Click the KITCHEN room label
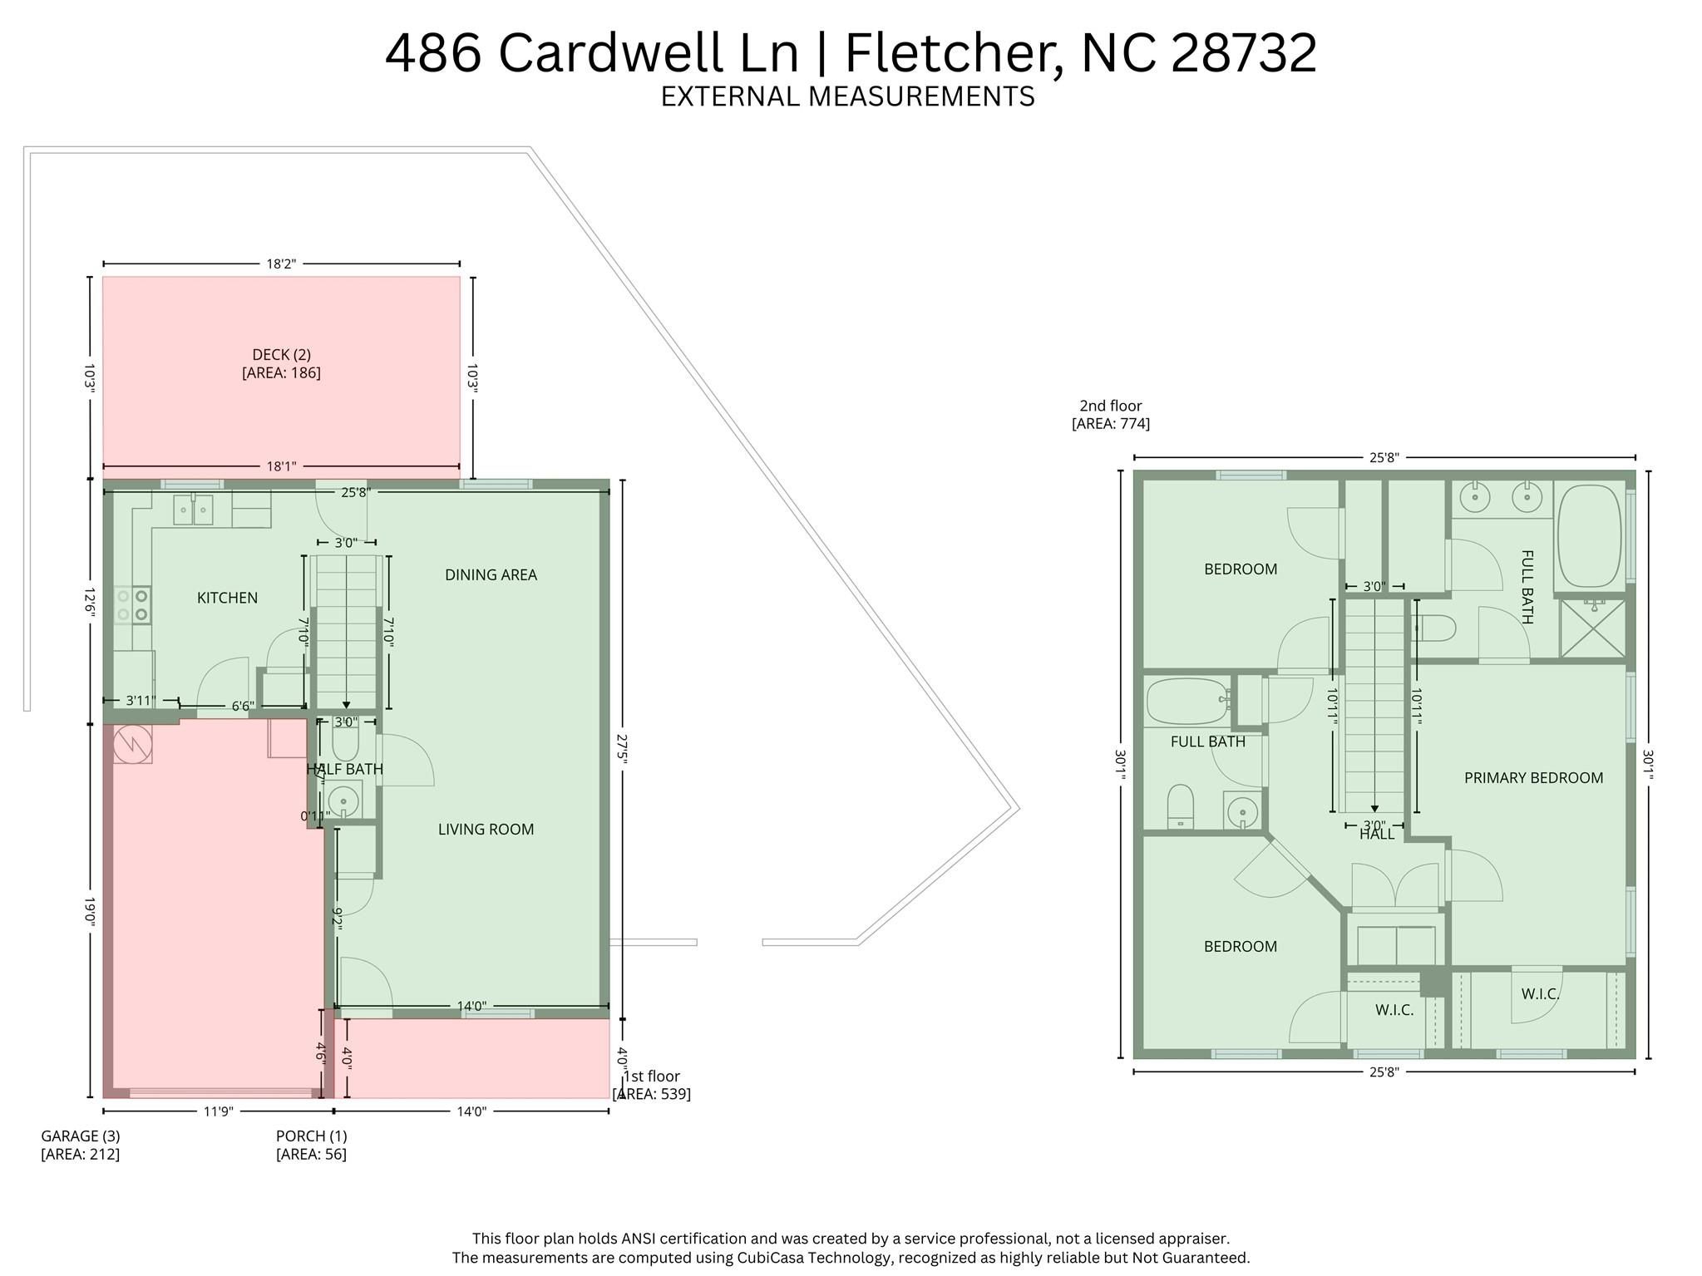227,598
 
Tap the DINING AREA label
491,574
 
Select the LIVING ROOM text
486,829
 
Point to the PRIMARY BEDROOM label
1533,777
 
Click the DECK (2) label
281,355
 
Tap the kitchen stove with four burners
132,604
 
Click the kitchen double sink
193,510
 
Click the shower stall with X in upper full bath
1592,628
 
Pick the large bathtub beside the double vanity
1589,537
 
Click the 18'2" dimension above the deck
281,264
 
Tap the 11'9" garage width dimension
218,1111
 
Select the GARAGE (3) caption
81,1136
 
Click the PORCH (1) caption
311,1136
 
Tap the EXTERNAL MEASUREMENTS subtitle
847,96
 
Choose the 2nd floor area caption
1110,415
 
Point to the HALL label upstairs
1376,835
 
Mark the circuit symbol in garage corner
132,744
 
